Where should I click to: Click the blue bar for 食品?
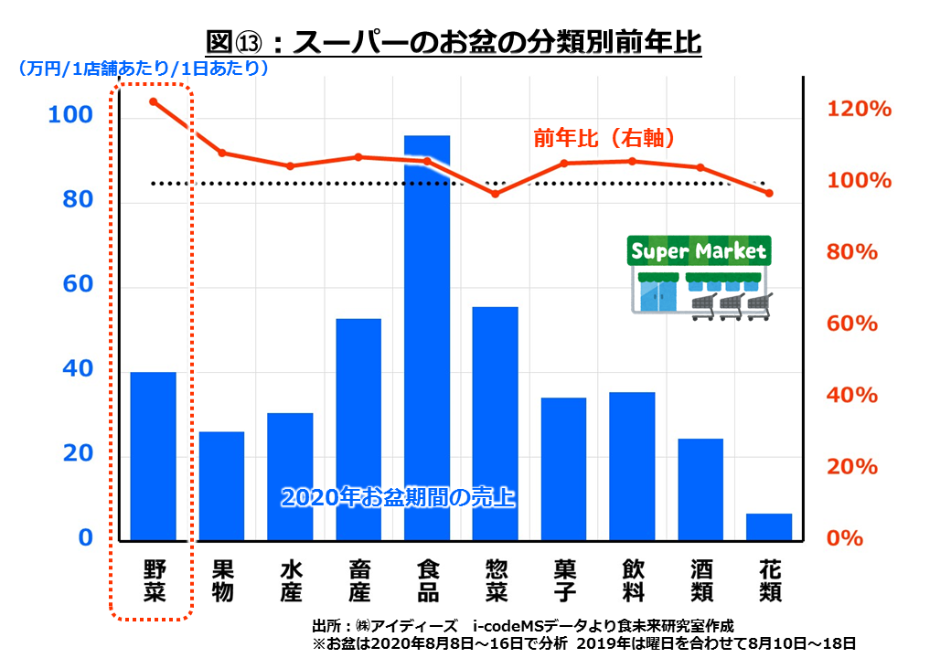427,338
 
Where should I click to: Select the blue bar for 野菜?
153,456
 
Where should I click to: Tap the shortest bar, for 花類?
769,526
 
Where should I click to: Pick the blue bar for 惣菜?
496,423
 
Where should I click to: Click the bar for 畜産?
358,430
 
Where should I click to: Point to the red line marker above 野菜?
153,101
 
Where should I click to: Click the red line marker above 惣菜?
496,194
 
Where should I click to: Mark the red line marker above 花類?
769,194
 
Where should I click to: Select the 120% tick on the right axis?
859,109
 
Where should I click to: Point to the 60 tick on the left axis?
79,285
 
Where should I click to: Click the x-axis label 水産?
290,580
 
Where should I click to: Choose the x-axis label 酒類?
701,580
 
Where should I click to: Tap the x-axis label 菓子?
564,580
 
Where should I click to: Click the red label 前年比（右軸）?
604,139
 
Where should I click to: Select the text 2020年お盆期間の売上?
398,498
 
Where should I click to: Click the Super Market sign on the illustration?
699,250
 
